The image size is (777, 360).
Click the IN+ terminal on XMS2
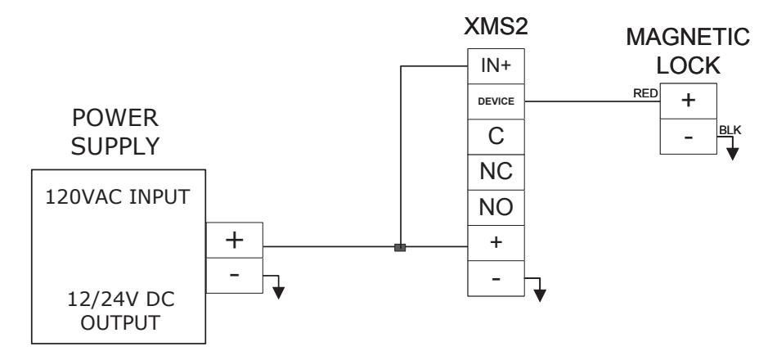496,66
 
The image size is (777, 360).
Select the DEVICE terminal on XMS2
496,101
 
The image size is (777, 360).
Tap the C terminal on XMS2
496,137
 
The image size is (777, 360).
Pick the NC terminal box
496,172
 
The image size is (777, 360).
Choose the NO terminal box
496,208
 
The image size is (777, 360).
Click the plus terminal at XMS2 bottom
496,243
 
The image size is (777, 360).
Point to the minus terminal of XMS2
496,279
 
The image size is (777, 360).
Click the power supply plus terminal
235,241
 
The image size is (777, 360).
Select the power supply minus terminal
235,276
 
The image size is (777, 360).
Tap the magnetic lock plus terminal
689,101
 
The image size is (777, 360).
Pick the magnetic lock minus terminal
689,137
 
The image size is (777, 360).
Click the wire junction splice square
400,247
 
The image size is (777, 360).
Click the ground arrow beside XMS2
540,295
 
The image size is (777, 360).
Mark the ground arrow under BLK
732,154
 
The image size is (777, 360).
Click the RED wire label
645,93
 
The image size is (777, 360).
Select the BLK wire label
730,130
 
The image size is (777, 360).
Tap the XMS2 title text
496,26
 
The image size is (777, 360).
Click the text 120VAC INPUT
118,197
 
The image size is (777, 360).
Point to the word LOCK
689,65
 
